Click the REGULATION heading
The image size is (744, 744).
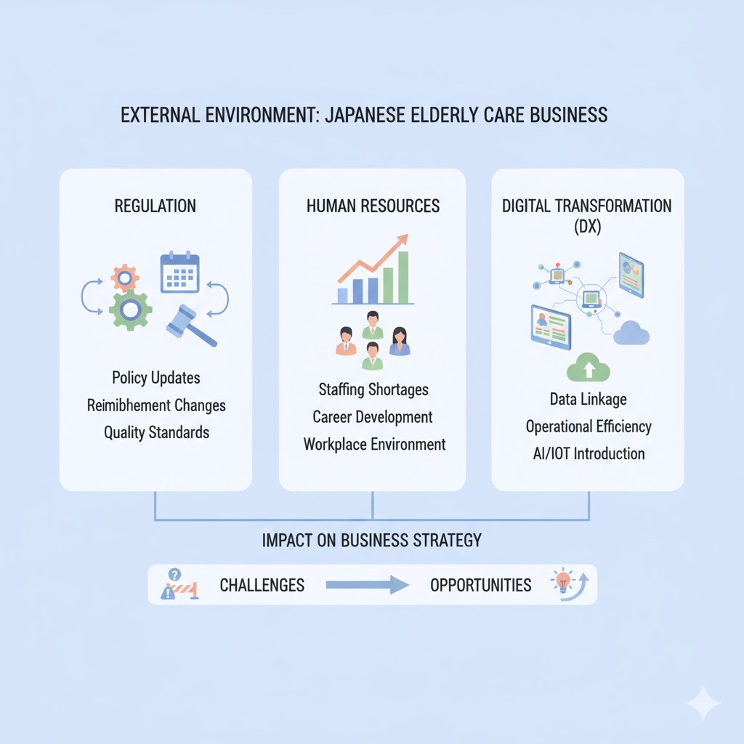(x=155, y=206)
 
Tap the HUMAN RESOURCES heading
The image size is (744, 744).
(x=373, y=206)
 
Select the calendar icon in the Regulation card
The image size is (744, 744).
(x=179, y=272)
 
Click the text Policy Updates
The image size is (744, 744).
(x=156, y=378)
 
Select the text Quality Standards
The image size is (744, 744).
(x=156, y=432)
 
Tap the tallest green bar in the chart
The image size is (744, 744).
(x=403, y=277)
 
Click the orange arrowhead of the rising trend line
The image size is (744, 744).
(x=402, y=240)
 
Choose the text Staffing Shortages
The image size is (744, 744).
(x=373, y=389)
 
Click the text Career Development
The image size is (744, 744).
(x=373, y=417)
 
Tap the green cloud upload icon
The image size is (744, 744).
(x=589, y=368)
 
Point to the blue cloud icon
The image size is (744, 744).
(x=631, y=333)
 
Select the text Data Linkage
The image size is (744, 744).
(x=589, y=399)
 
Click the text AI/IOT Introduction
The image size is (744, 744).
(x=589, y=453)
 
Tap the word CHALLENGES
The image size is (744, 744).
(x=262, y=585)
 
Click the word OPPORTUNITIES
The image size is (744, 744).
(x=480, y=585)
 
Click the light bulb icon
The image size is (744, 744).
(x=563, y=581)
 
